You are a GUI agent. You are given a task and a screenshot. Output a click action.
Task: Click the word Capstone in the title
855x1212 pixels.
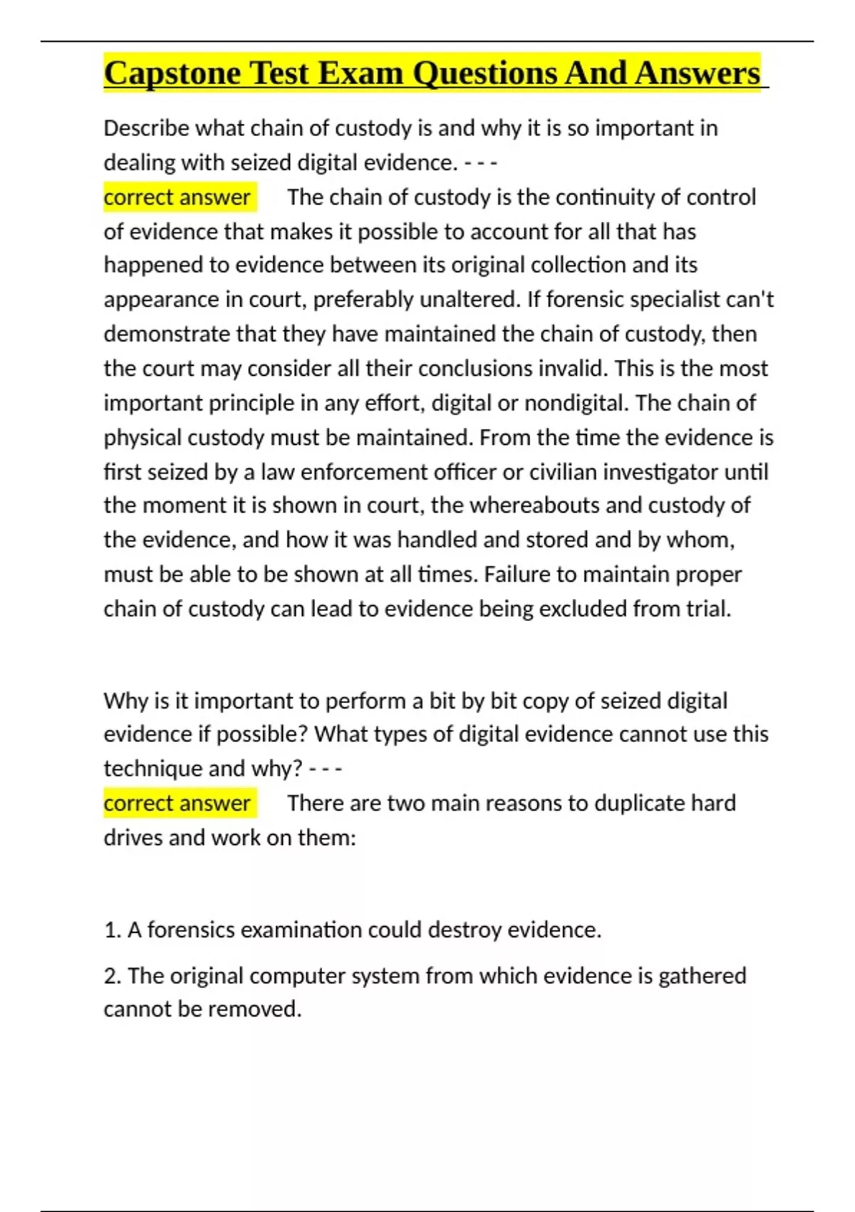tap(172, 73)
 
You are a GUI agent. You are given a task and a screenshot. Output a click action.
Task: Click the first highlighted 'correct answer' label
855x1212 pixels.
tap(177, 197)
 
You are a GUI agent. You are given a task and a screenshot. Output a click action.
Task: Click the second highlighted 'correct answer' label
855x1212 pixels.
tap(177, 803)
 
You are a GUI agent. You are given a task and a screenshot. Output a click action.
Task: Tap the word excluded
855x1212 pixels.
tap(583, 609)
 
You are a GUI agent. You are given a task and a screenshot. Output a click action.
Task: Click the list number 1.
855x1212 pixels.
tap(111, 930)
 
